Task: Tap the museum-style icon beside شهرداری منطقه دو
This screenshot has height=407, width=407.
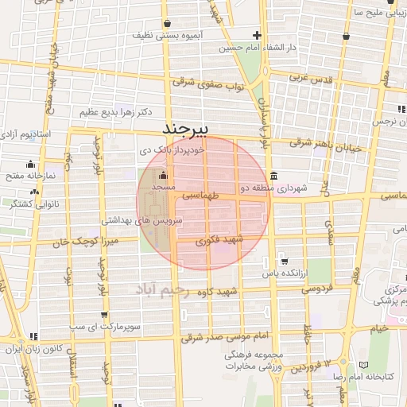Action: tap(273, 176)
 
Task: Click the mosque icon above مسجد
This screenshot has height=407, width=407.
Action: tap(164, 176)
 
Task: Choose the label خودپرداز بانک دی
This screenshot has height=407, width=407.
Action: tap(172, 149)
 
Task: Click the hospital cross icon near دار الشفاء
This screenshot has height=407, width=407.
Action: tap(257, 35)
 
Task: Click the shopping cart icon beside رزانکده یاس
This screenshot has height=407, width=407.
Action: tap(284, 261)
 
